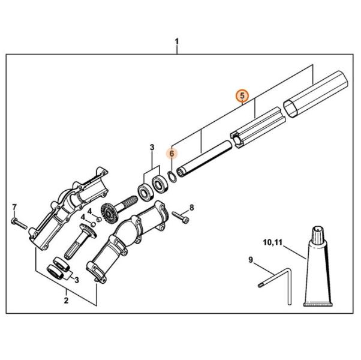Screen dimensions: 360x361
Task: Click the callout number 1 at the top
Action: [x=177, y=41]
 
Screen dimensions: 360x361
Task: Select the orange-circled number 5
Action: [x=242, y=95]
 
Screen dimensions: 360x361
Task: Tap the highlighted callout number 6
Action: [x=172, y=153]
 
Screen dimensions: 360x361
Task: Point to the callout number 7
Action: [x=14, y=208]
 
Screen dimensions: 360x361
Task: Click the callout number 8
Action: [x=191, y=208]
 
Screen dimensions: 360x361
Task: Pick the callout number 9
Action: [x=251, y=259]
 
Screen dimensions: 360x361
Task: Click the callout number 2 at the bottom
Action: [x=66, y=298]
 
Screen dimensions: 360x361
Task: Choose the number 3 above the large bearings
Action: [x=152, y=147]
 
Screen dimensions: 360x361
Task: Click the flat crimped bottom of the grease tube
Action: [x=318, y=304]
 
